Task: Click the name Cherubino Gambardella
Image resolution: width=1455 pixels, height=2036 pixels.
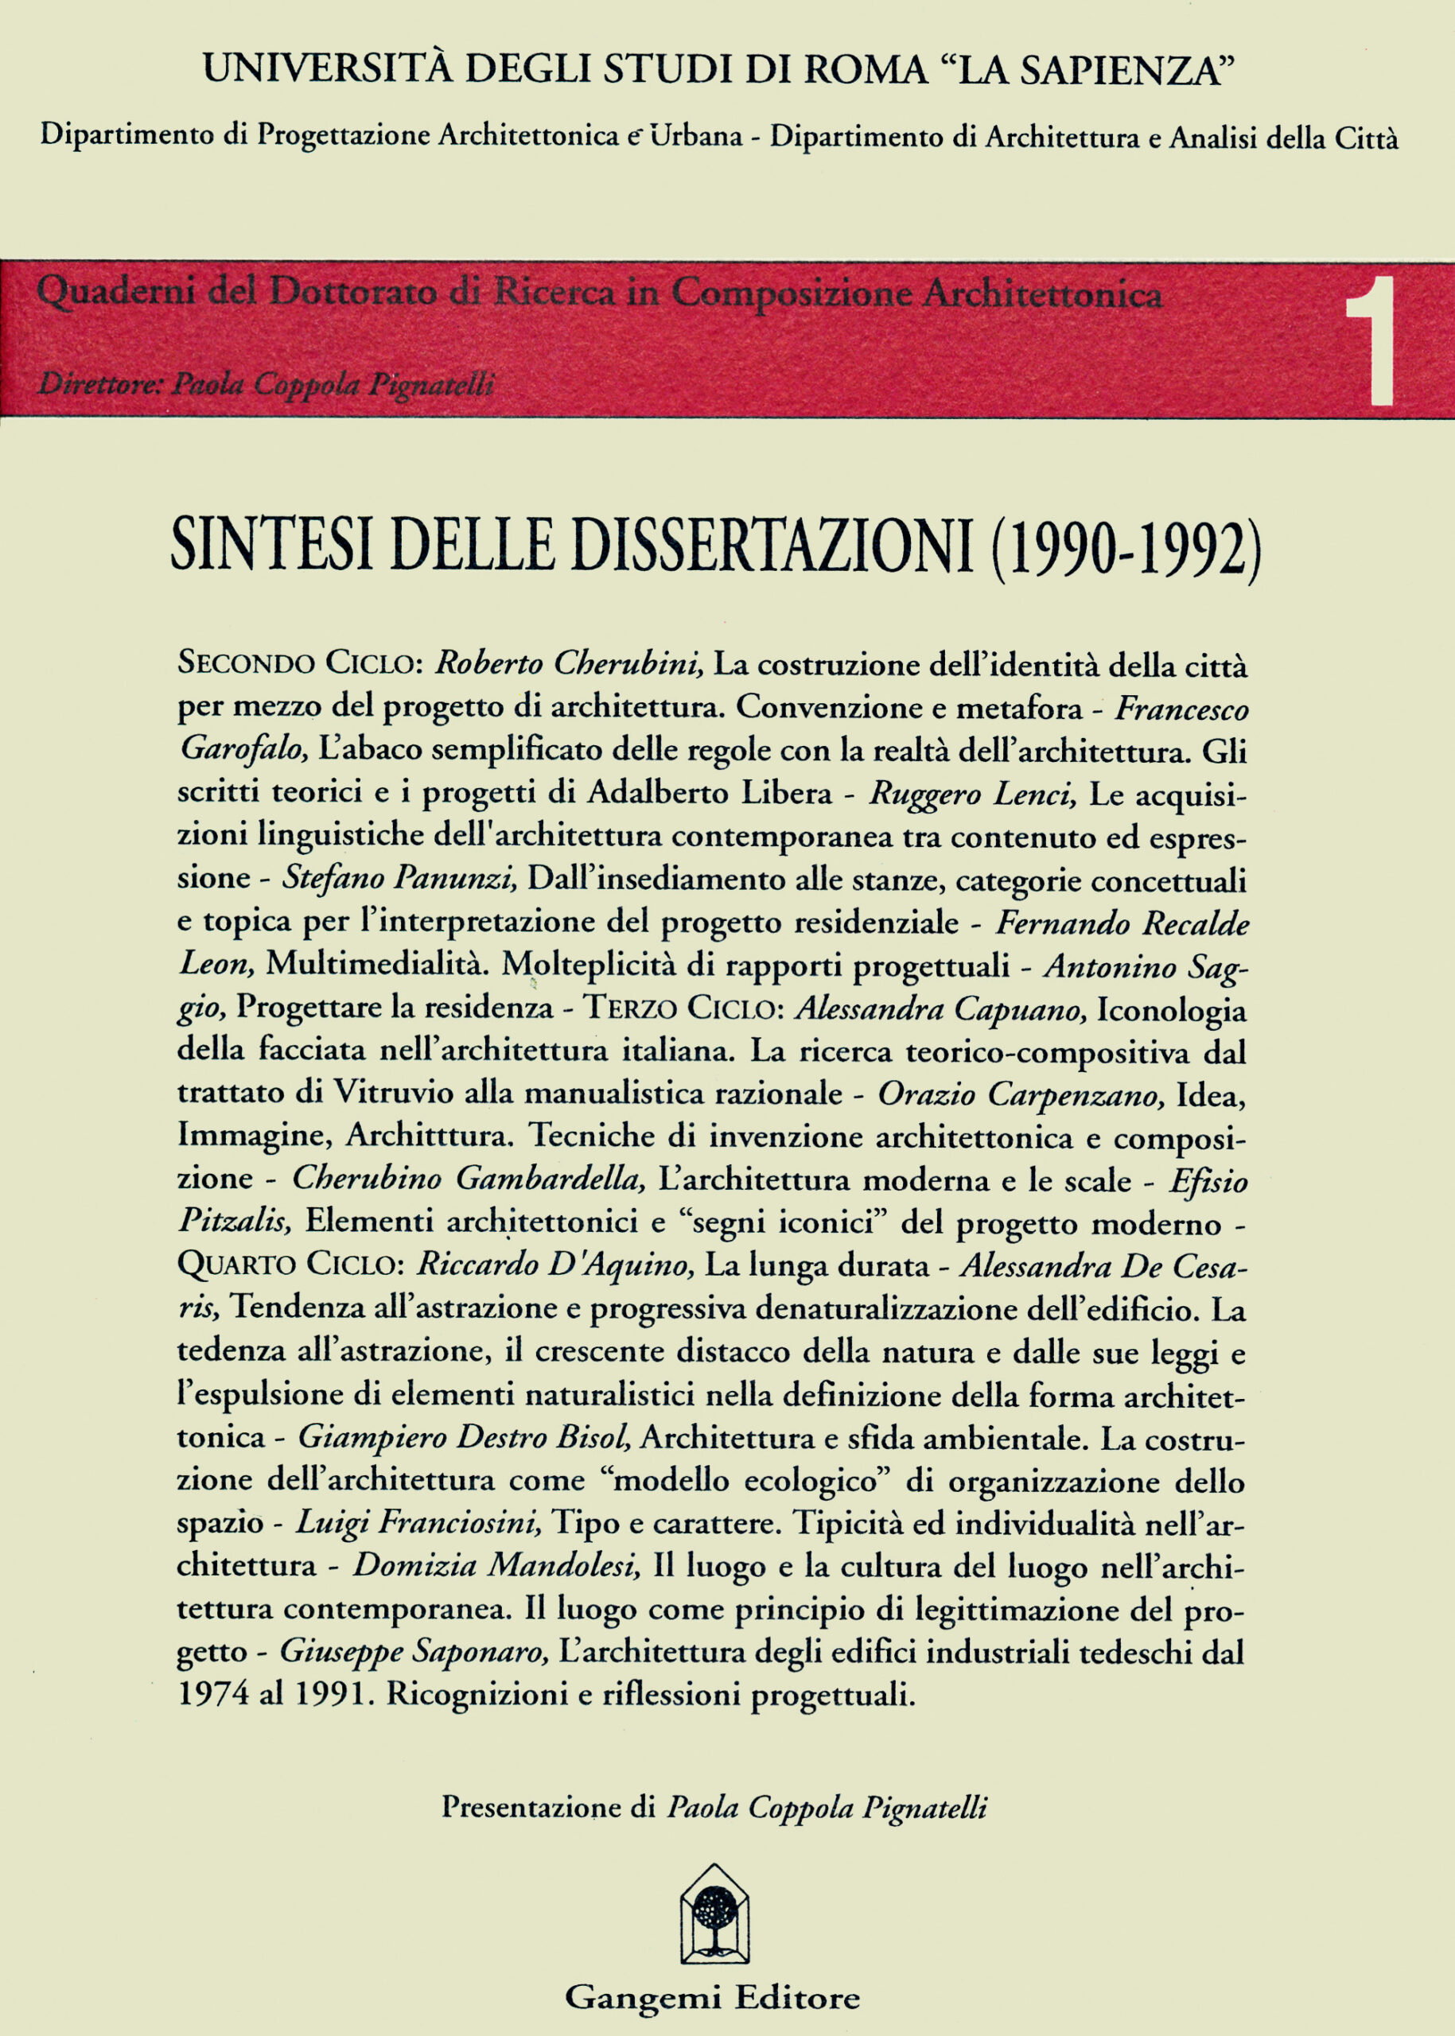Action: [469, 1179]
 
